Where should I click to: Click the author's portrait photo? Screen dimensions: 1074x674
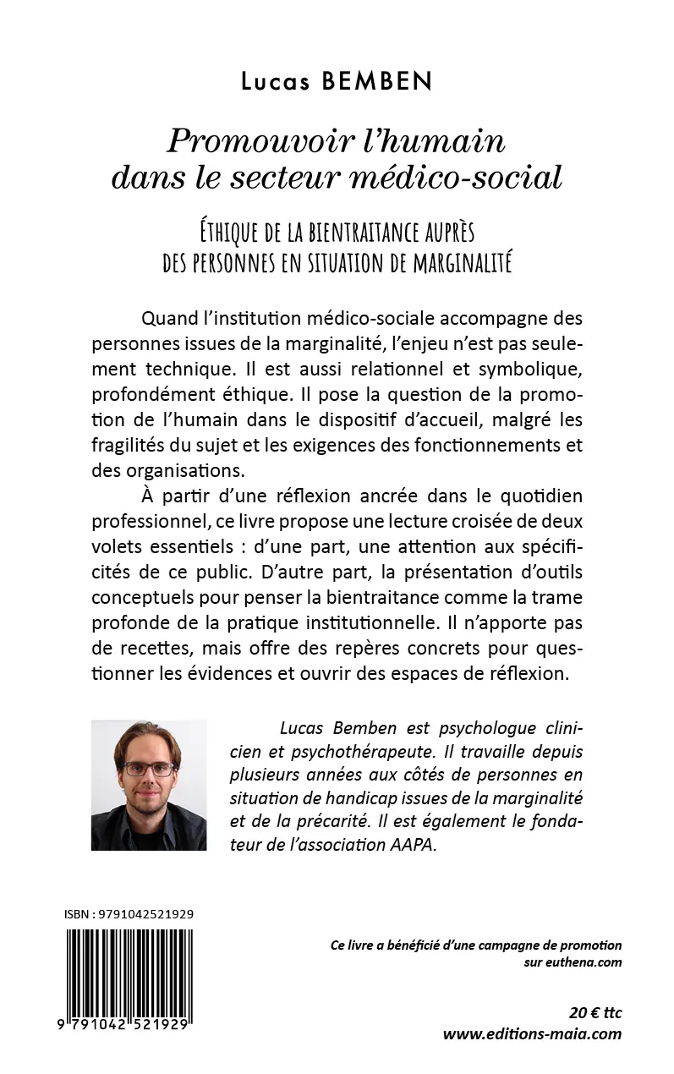(x=149, y=785)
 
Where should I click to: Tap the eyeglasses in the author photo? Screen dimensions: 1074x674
(x=149, y=769)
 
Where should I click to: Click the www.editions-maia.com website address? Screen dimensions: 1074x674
(x=532, y=1033)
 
